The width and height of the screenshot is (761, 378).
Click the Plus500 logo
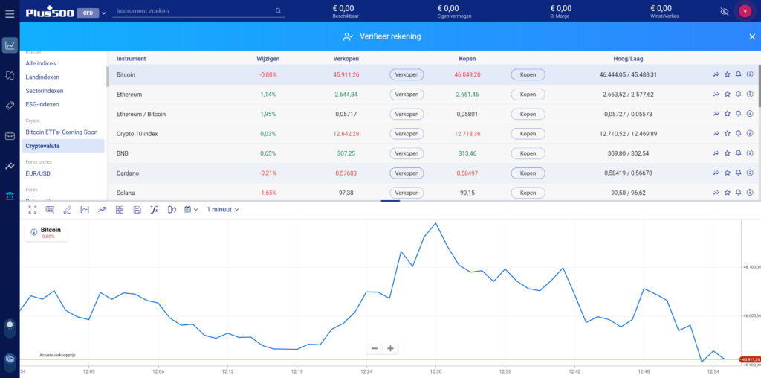tap(49, 13)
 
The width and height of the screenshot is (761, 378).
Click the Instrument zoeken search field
tap(193, 12)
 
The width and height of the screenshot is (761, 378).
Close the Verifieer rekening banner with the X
tap(751, 36)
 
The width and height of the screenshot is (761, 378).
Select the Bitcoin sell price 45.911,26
tap(346, 74)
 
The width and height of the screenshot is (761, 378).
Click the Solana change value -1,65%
tap(268, 193)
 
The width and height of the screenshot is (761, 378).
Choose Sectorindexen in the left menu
tap(45, 91)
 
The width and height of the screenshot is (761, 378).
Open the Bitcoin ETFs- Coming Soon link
tap(62, 132)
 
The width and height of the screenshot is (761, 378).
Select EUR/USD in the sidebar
tap(39, 174)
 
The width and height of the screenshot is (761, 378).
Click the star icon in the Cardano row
tap(728, 173)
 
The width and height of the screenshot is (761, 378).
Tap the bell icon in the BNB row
tap(739, 153)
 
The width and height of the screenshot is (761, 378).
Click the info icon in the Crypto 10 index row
tap(750, 134)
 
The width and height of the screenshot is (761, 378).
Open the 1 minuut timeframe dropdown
tap(223, 210)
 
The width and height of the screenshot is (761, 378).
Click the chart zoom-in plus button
tap(390, 348)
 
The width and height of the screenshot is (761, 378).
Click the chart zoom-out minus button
tap(375, 348)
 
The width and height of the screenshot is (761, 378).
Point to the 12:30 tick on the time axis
tap(435, 371)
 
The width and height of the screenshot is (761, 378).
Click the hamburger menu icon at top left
tap(10, 13)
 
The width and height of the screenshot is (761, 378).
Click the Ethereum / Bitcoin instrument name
tap(141, 114)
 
